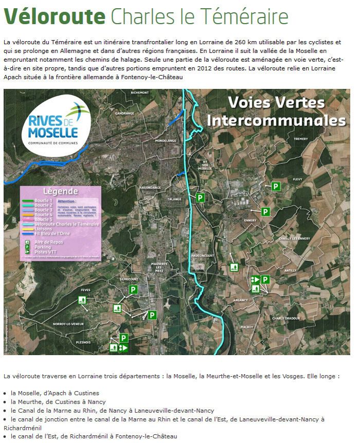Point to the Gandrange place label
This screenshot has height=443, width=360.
tap(124, 113)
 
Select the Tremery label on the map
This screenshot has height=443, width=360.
tap(300, 139)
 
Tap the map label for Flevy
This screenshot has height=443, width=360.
tap(297, 179)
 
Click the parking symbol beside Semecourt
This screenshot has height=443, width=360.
tap(133, 290)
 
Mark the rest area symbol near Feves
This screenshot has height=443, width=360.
tap(82, 300)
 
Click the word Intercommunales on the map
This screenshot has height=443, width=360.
tap(275, 120)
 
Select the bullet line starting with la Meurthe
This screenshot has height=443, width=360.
tap(58, 401)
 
